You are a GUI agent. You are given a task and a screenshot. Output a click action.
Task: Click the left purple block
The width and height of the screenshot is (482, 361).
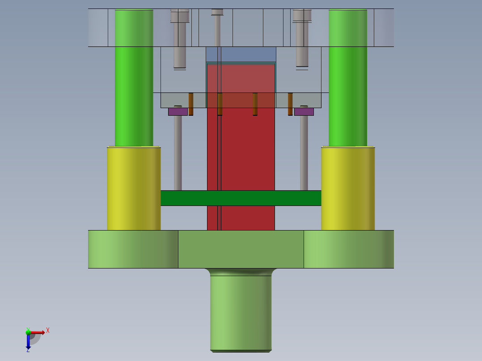tap(178, 112)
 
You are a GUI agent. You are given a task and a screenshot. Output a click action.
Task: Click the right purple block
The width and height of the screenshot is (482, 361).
tap(304, 112)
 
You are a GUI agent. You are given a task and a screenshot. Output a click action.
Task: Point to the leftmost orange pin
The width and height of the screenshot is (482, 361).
tap(191, 104)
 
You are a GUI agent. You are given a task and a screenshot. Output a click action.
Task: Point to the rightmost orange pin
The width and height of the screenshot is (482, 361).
tap(290, 104)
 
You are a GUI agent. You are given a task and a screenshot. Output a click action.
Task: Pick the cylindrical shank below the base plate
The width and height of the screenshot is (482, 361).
tap(241, 313)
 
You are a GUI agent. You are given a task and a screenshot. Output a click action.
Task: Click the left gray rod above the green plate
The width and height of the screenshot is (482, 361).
tap(178, 152)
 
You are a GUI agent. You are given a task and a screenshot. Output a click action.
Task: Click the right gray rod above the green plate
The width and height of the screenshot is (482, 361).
tap(304, 152)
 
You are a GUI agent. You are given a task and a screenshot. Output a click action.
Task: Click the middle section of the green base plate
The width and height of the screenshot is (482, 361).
tap(241, 249)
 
